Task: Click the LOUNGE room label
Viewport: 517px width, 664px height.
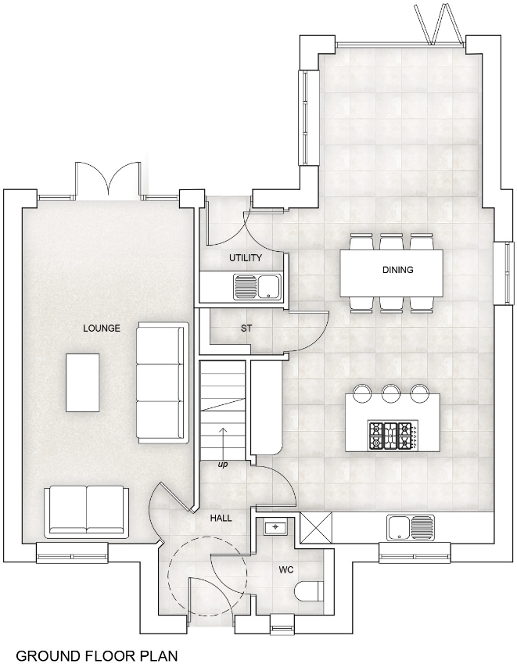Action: tap(102, 328)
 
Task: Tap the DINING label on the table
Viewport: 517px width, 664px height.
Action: tap(397, 271)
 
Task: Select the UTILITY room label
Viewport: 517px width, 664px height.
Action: tap(245, 258)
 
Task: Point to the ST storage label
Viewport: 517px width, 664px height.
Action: tap(246, 328)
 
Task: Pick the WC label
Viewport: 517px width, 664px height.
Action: tap(285, 570)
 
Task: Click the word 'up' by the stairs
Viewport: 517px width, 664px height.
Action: tap(223, 465)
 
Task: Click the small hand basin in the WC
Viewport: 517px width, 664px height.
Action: tap(275, 528)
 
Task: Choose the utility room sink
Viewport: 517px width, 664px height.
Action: tap(258, 286)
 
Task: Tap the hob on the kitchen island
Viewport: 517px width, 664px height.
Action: tap(391, 436)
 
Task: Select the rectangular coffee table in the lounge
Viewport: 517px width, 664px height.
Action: tap(82, 382)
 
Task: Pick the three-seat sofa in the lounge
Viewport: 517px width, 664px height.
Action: tap(161, 382)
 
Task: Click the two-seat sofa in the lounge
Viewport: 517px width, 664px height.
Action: tap(85, 511)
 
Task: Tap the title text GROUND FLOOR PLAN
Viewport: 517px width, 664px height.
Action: tap(97, 655)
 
